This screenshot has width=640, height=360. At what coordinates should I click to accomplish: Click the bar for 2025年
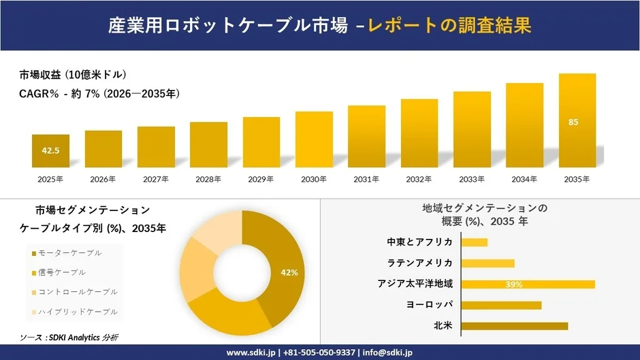click(x=50, y=151)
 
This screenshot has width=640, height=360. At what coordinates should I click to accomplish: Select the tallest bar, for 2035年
click(x=577, y=120)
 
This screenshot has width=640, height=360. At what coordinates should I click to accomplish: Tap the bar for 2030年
click(x=314, y=140)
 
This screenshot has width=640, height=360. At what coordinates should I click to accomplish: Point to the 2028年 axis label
click(x=208, y=180)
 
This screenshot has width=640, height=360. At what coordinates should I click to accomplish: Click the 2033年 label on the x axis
click(x=472, y=180)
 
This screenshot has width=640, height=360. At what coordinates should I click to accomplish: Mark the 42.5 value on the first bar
click(x=51, y=150)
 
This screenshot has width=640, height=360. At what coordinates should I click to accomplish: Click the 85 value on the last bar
click(x=573, y=122)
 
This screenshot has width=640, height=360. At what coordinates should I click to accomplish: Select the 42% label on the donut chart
click(x=289, y=273)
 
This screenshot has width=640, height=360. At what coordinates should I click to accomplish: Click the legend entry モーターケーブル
click(x=71, y=253)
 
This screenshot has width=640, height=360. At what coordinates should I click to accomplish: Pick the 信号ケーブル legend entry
click(x=63, y=272)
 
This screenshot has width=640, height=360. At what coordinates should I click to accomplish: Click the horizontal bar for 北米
click(x=515, y=326)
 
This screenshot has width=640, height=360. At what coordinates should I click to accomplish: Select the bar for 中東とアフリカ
click(x=475, y=242)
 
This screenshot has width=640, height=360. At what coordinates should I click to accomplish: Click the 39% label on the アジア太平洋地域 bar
click(x=514, y=284)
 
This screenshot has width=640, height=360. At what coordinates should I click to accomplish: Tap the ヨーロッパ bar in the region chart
click(x=501, y=305)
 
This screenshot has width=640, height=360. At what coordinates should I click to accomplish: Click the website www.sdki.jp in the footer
click(x=251, y=353)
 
